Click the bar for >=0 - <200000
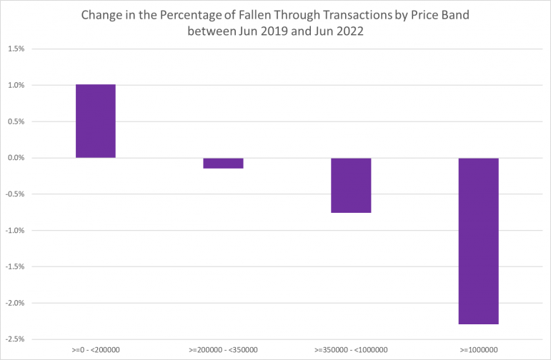pyautogui.click(x=96, y=121)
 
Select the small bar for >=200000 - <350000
pyautogui.click(x=223, y=164)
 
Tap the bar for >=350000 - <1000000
pyautogui.click(x=351, y=186)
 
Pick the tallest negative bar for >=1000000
pyautogui.click(x=479, y=241)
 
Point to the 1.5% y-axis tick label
pyautogui.click(x=16, y=49)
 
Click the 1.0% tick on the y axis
pyautogui.click(x=16, y=85)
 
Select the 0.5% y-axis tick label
pyautogui.click(x=16, y=121)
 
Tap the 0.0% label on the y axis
pyautogui.click(x=16, y=158)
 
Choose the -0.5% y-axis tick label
pyautogui.click(x=15, y=194)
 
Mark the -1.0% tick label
pyautogui.click(x=15, y=231)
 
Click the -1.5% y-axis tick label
pyautogui.click(x=15, y=266)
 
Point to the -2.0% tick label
pyautogui.click(x=15, y=303)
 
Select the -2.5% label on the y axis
pyautogui.click(x=15, y=339)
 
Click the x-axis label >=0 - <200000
pyautogui.click(x=96, y=350)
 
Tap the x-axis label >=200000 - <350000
pyautogui.click(x=223, y=350)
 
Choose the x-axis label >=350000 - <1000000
pyautogui.click(x=351, y=350)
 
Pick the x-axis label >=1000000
pyautogui.click(x=479, y=350)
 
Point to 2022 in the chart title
pyautogui.click(x=350, y=31)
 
